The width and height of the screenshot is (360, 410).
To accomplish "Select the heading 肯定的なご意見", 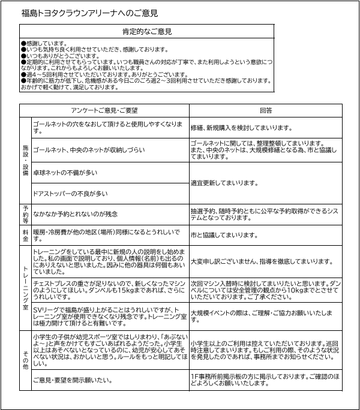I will click(x=146, y=31).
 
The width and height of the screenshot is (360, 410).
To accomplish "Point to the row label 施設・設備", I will click(x=25, y=159).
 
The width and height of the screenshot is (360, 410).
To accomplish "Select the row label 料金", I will click(x=25, y=234).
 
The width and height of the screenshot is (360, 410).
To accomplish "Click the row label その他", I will click(x=25, y=358).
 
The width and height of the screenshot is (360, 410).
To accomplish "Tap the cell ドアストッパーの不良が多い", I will click(x=70, y=193).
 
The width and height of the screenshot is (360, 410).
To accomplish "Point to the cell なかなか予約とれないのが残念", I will click(x=75, y=213).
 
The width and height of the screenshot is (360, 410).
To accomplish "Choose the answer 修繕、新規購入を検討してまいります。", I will click(x=241, y=128).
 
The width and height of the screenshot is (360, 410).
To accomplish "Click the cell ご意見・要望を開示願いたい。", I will click(x=73, y=380).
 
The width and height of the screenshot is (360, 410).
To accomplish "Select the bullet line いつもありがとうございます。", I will click(x=56, y=55).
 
